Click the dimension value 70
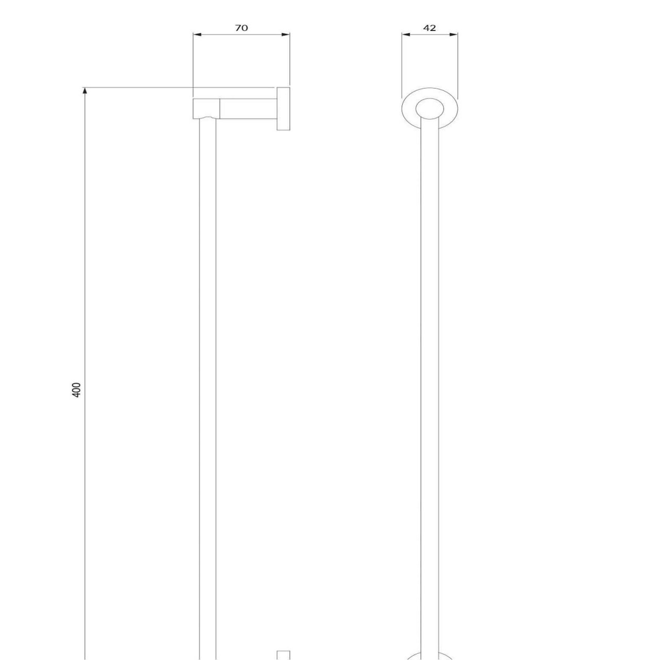pyautogui.click(x=241, y=28)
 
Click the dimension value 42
pyautogui.click(x=430, y=28)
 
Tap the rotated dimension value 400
pyautogui.click(x=77, y=390)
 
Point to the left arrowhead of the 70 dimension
pyautogui.click(x=197, y=34)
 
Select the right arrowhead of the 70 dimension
pyautogui.click(x=286, y=34)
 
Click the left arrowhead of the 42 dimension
pyautogui.click(x=406, y=34)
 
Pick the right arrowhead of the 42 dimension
pyautogui.click(x=453, y=34)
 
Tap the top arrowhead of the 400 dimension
pyautogui.click(x=85, y=91)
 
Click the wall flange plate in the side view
pyautogui.click(x=283, y=109)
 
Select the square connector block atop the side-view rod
pyautogui.click(x=206, y=109)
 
